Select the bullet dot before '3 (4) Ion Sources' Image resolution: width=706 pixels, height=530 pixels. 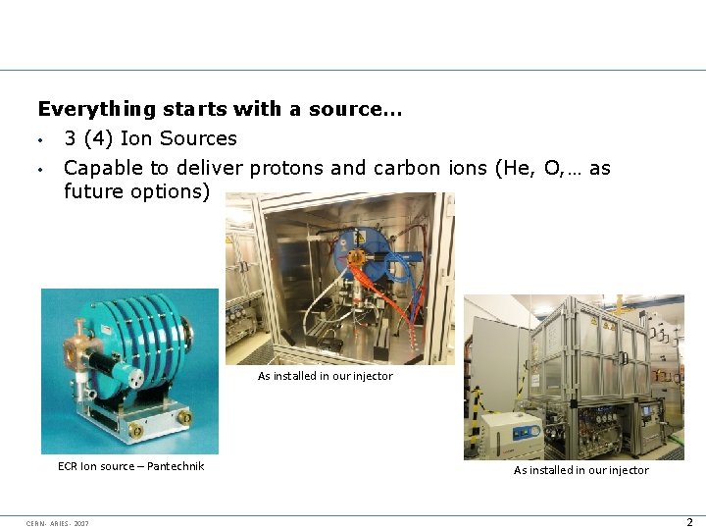pyautogui.click(x=40, y=139)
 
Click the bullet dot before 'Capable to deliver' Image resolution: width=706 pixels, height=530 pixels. pyautogui.click(x=40, y=169)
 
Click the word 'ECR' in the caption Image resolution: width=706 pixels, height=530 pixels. pyautogui.click(x=69, y=466)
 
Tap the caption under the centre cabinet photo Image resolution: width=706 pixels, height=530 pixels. pyautogui.click(x=325, y=376)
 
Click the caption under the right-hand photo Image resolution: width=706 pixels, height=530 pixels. pyautogui.click(x=580, y=470)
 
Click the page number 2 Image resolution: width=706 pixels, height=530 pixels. pyautogui.click(x=689, y=522)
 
